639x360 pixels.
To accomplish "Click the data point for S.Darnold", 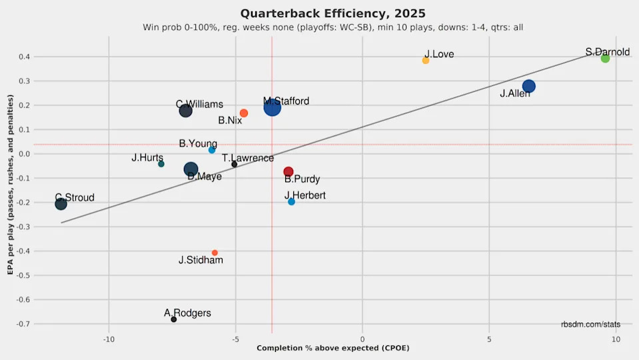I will [605, 59].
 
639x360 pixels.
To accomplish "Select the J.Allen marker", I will [529, 86].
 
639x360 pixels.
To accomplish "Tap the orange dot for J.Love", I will [426, 61].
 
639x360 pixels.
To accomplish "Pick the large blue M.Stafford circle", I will [272, 106].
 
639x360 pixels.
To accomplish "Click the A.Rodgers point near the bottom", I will [174, 319].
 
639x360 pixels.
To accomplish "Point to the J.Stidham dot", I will [215, 253].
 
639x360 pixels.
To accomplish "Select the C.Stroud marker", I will [61, 203].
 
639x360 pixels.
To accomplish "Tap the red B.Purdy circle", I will [289, 172].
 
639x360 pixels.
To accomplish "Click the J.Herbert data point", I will [291, 201].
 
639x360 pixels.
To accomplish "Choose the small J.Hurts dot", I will [161, 164].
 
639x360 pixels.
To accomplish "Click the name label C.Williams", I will [199, 105].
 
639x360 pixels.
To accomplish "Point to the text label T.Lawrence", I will [248, 158].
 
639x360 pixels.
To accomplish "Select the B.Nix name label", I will [230, 121].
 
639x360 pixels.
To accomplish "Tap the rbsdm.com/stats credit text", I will [590, 324].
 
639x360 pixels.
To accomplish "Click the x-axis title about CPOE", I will [332, 349].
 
